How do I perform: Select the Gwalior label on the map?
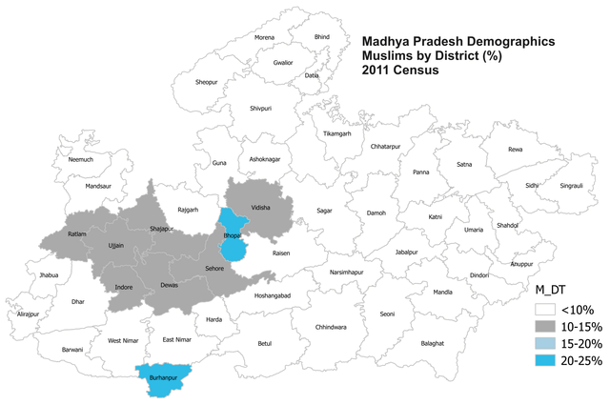click(283, 62)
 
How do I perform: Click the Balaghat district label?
click(433, 342)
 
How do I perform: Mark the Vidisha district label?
click(261, 207)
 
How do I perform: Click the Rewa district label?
click(515, 149)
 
